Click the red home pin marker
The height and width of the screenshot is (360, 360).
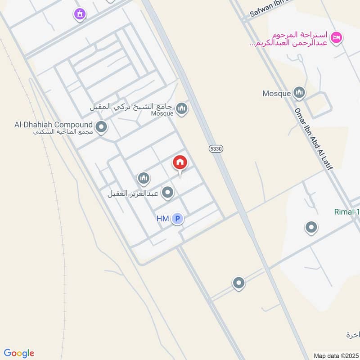point(180,163)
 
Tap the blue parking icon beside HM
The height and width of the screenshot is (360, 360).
point(177,219)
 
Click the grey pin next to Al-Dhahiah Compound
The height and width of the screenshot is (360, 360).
point(102,127)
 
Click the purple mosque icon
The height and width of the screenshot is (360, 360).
point(80,15)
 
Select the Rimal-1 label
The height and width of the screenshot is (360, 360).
point(346,212)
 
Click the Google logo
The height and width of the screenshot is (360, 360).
point(19,353)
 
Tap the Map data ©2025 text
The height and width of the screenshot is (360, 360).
point(336,355)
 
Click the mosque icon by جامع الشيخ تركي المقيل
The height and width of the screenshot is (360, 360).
point(182,108)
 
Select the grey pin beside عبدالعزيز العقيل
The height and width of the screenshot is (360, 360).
point(168,193)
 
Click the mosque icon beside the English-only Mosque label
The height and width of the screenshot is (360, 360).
point(299,93)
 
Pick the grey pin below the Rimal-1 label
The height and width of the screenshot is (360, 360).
point(311,228)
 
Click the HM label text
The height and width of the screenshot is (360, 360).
point(162,219)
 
